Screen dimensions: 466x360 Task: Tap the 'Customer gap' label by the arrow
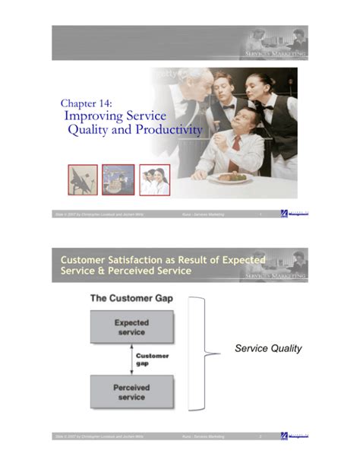click(x=153, y=357)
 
